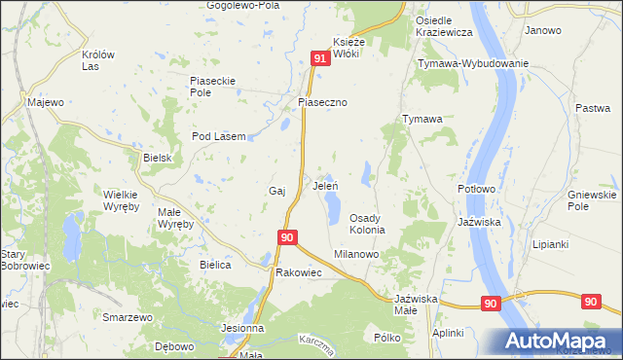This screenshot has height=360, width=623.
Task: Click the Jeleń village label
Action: coord(324,184)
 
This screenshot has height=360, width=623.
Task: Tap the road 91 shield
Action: coord(321,60)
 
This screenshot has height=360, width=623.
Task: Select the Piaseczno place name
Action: coord(322,102)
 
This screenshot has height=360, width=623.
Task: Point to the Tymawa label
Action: coord(423,119)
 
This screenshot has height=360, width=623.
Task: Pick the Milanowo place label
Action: coord(355,253)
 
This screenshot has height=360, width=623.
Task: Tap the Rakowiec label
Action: coord(299,273)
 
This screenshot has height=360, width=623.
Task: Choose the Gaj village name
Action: coord(275,191)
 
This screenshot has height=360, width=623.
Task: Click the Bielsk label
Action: coord(157,158)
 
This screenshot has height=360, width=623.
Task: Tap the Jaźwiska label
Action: coord(479,222)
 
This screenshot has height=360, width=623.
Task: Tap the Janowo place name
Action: coord(543,30)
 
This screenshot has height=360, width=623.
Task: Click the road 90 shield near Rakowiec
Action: coord(286,237)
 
